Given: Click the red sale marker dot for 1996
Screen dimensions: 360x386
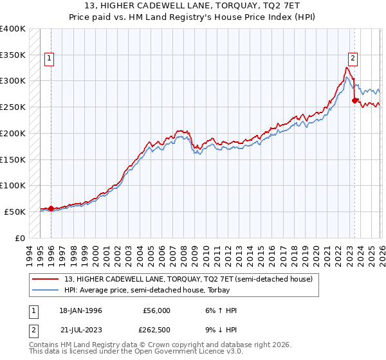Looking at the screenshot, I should click(x=51, y=208).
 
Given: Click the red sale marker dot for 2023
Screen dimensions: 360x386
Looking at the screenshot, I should click(x=354, y=100).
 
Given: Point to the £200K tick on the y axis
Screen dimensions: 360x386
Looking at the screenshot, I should click(x=13, y=133).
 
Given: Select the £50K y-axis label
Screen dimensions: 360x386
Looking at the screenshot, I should click(x=15, y=212).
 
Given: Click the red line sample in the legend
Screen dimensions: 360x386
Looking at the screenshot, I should click(x=46, y=279).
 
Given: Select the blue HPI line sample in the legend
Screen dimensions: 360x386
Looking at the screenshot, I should click(x=46, y=290).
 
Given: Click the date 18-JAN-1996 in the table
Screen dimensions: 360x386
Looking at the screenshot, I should click(x=80, y=310).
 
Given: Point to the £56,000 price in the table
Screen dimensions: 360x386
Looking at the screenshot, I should click(x=156, y=310).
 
